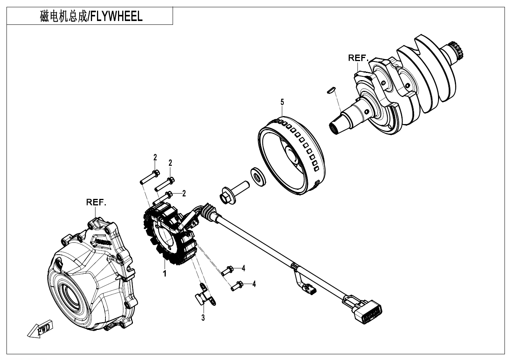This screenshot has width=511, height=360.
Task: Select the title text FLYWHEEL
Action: pyautogui.click(x=116, y=16)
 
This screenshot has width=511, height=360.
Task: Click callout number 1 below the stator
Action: pyautogui.click(x=164, y=273)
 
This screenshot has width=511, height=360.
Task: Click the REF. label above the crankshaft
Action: pyautogui.click(x=358, y=58)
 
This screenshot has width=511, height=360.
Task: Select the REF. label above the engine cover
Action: pyautogui.click(x=96, y=202)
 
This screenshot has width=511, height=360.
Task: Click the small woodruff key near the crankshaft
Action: pyautogui.click(x=331, y=90)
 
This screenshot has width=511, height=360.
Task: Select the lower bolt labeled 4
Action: pyautogui.click(x=237, y=285)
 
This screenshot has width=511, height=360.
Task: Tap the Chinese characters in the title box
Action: pyautogui.click(x=63, y=16)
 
